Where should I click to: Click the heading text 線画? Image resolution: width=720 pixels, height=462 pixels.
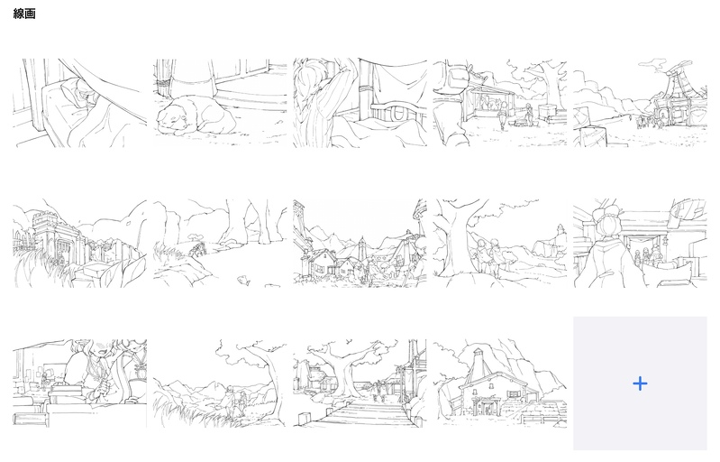pos(24,14)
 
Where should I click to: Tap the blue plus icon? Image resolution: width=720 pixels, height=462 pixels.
pos(640,383)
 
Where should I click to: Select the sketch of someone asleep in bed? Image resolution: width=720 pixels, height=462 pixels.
pos(80,103)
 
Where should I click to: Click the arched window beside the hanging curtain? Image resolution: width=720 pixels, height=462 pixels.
pos(398,113)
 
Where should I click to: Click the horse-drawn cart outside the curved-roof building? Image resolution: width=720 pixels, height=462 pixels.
pos(646,121)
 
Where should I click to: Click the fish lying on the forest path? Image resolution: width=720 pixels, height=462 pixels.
pos(243,279)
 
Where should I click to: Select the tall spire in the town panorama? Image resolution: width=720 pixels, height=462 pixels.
pos(362,249)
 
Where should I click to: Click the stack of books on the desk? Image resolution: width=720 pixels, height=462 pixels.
pos(63,393)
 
